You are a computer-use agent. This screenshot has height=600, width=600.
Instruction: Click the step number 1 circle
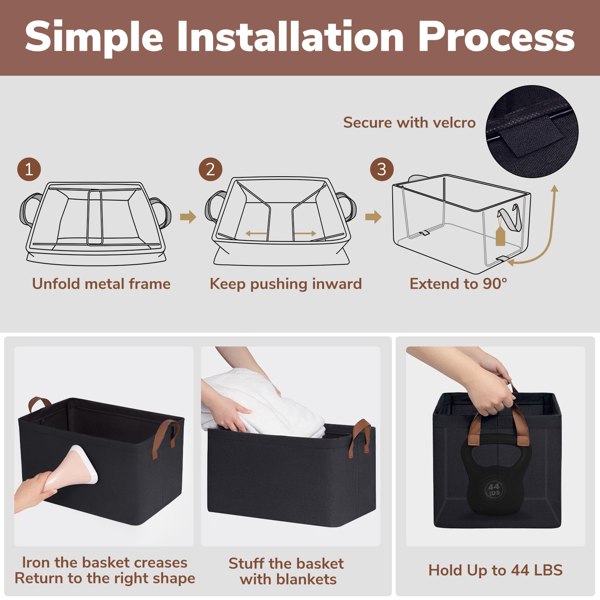click(29, 169)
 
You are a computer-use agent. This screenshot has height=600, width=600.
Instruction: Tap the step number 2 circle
click(210, 169)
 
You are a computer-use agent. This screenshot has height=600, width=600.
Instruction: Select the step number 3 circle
click(382, 169)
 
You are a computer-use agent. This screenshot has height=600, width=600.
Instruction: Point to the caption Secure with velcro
click(409, 123)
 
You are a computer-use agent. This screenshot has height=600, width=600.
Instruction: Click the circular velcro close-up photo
click(532, 131)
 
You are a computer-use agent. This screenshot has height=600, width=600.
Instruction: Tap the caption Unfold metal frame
click(101, 284)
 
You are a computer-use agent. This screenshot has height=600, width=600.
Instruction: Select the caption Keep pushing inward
click(286, 284)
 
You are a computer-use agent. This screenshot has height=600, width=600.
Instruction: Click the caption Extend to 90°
click(458, 284)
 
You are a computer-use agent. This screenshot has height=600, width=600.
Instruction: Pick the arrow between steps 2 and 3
click(373, 217)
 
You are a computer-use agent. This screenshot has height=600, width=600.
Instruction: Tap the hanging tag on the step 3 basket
click(500, 235)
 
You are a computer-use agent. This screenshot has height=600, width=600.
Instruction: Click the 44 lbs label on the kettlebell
click(494, 489)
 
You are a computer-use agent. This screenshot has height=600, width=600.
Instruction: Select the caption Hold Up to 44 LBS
click(495, 570)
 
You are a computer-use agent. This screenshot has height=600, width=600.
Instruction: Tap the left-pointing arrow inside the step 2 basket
click(256, 234)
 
